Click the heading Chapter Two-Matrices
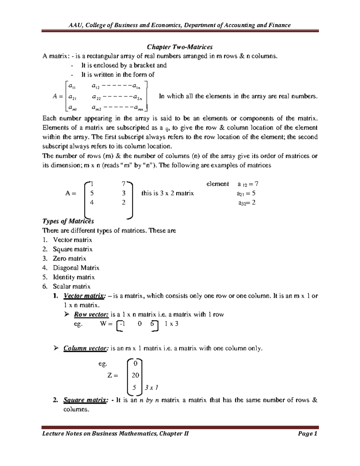coord(179,47)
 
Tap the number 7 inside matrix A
coord(123,184)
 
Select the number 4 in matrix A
coord(92,203)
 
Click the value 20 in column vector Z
coord(135,375)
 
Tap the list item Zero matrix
coord(69,258)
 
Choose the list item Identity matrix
coord(73,277)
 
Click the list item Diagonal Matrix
coord(76,268)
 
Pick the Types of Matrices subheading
coord(68,221)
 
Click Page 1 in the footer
coord(307,434)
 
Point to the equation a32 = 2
coord(247,203)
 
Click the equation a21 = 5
coord(246,194)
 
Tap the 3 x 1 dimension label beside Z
coord(151,388)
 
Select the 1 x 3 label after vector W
coord(172,324)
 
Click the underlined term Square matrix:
coord(85,400)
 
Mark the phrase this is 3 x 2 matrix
coord(167,193)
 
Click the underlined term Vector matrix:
coord(84,296)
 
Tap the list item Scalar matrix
coord(71,286)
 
